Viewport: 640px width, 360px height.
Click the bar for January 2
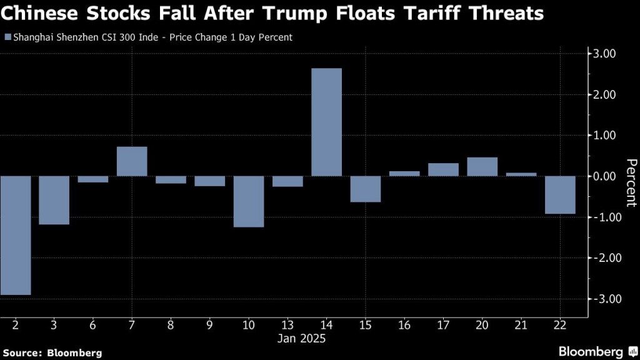16,235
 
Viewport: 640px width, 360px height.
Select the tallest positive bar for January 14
326,122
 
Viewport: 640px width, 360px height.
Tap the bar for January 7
132,161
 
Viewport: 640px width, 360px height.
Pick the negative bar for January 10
248,201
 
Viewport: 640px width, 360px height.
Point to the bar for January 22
560,195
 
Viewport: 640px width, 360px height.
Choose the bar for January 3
54,200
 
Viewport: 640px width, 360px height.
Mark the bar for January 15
365,189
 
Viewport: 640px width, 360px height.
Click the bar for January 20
482,167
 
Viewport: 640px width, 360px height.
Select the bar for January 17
443,169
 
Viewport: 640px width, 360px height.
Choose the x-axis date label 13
287,326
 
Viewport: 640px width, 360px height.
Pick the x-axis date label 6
93,326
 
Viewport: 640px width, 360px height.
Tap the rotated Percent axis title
631,182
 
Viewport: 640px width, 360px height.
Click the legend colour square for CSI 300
7,37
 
